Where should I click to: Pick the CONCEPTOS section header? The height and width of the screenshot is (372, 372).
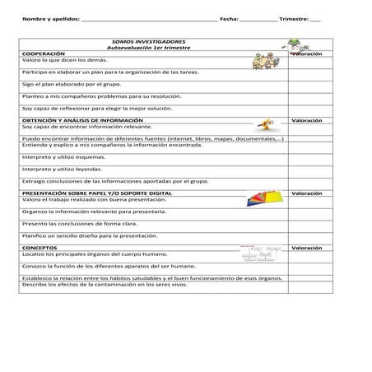click(40, 247)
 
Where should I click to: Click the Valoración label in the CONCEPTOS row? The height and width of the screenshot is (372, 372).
click(307, 247)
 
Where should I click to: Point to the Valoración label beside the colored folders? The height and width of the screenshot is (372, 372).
click(307, 192)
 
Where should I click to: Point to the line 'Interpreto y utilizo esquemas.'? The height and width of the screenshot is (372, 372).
click(62, 156)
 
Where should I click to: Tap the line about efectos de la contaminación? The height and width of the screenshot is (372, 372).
click(99, 284)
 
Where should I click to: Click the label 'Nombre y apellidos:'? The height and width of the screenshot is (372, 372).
click(46, 18)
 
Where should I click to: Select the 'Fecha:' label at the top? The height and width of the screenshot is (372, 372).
click(228, 18)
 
